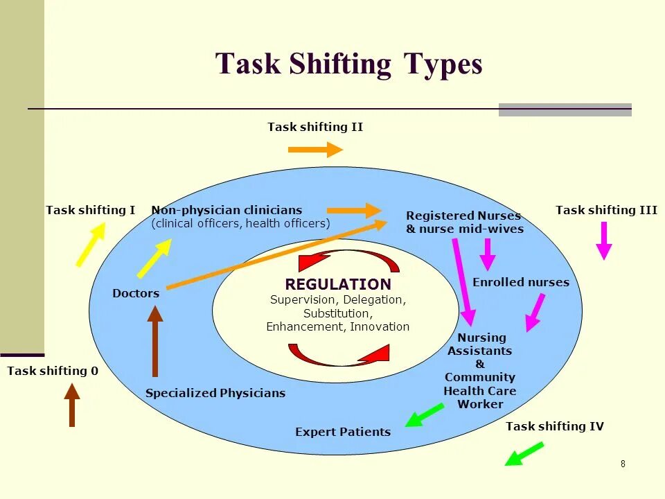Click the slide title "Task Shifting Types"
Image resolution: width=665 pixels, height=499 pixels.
pyautogui.click(x=348, y=64)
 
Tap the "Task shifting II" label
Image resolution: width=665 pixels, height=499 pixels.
pyautogui.click(x=315, y=127)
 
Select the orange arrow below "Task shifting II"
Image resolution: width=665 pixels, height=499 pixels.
pyautogui.click(x=315, y=149)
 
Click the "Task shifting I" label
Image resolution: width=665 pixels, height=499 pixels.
pyautogui.click(x=90, y=210)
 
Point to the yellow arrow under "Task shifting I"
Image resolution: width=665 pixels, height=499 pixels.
pyautogui.click(x=91, y=244)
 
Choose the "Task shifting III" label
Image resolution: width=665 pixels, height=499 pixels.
pyautogui.click(x=606, y=210)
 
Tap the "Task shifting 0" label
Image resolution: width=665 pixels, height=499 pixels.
pyautogui.click(x=53, y=371)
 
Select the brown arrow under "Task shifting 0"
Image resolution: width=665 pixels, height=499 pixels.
pyautogui.click(x=71, y=405)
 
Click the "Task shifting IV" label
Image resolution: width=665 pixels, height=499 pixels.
pyautogui.click(x=555, y=426)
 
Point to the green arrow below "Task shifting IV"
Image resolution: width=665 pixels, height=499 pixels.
pyautogui.click(x=524, y=454)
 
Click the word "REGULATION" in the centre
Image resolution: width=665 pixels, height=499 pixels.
pyautogui.click(x=338, y=284)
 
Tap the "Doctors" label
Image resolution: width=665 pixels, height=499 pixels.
pyautogui.click(x=136, y=293)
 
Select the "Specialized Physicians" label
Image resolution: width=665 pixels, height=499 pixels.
pyautogui.click(x=215, y=393)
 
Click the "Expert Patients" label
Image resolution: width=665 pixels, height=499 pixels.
pyautogui.click(x=343, y=432)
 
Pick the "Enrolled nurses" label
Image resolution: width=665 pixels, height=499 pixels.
pyautogui.click(x=521, y=282)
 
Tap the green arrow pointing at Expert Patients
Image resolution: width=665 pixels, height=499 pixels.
pyautogui.click(x=424, y=415)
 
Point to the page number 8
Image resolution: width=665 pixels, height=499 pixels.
pyautogui.click(x=623, y=464)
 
